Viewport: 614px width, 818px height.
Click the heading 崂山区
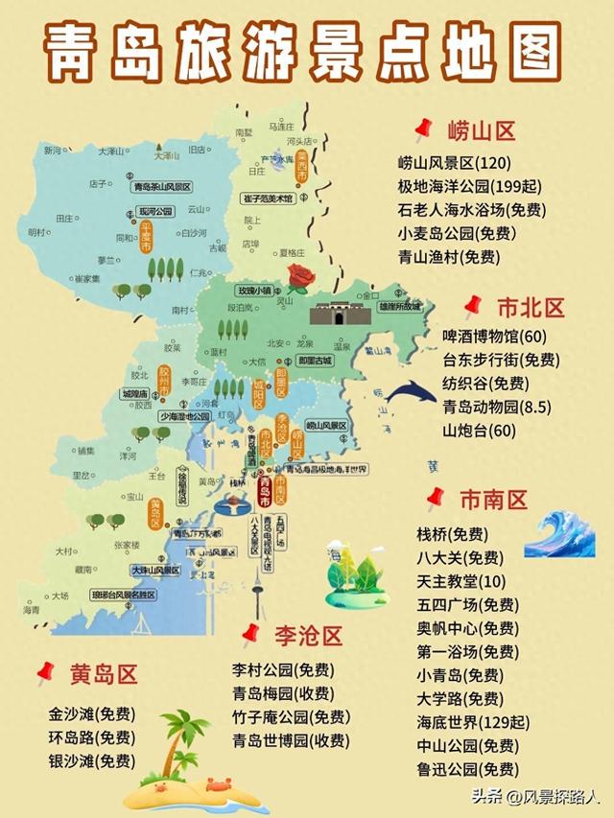(x=482, y=130)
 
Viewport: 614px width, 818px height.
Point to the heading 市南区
(x=493, y=500)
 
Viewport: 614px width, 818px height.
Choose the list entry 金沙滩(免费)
(x=91, y=713)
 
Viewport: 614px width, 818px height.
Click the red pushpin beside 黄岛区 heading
(x=45, y=674)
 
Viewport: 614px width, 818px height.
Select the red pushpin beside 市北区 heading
(x=471, y=307)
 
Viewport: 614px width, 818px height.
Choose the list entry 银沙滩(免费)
(x=91, y=760)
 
